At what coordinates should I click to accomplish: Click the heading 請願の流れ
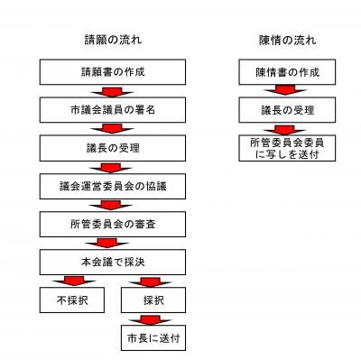pos(112,41)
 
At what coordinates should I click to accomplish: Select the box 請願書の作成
pos(112,70)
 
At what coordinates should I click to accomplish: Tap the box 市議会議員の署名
pos(112,108)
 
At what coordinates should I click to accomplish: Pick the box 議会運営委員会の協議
pos(112,185)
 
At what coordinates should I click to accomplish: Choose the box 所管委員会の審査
pos(112,223)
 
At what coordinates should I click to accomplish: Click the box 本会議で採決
pos(112,260)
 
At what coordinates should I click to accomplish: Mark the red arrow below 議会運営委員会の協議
pos(112,204)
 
